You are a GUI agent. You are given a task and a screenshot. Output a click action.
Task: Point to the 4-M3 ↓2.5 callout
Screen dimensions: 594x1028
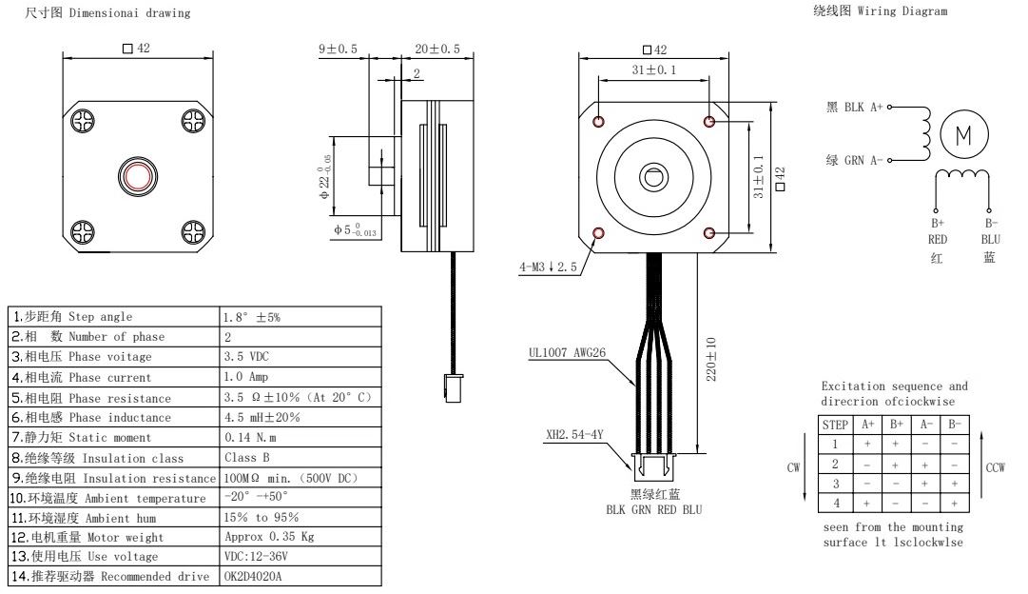pyautogui.click(x=548, y=267)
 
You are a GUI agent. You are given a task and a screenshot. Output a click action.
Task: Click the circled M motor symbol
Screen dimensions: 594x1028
pyautogui.click(x=963, y=134)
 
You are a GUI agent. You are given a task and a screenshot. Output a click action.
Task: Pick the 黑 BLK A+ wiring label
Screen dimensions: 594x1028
pyautogui.click(x=855, y=108)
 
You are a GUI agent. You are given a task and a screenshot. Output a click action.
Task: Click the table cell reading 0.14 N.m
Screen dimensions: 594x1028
pyautogui.click(x=250, y=437)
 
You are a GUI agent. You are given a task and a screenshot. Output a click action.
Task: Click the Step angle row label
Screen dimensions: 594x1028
pyautogui.click(x=72, y=316)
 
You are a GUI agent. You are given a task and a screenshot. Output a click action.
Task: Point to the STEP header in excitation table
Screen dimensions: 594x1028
pyautogui.click(x=835, y=426)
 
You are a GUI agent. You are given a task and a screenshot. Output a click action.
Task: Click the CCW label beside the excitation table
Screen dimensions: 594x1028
pyautogui.click(x=997, y=467)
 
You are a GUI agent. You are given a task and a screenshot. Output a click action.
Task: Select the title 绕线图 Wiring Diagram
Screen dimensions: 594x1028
pyautogui.click(x=880, y=11)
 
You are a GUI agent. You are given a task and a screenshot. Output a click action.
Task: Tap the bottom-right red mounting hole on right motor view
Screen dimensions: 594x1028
pyautogui.click(x=709, y=232)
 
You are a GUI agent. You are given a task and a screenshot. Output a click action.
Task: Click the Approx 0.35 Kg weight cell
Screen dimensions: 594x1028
pyautogui.click(x=269, y=536)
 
